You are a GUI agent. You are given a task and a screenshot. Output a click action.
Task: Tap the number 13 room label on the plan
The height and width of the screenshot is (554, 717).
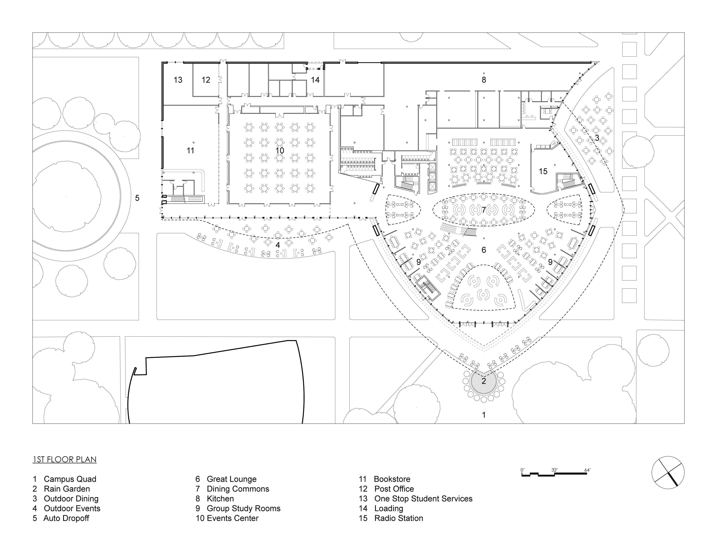(x=178, y=80)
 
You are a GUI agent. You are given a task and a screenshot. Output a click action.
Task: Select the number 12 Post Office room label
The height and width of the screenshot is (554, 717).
(x=206, y=80)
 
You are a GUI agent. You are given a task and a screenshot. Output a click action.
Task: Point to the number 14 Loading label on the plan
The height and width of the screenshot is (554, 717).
(x=315, y=80)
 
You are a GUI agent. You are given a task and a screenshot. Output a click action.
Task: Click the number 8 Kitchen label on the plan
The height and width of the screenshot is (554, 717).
(x=484, y=80)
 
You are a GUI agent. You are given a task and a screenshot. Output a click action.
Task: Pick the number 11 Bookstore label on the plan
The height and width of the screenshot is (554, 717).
(x=190, y=151)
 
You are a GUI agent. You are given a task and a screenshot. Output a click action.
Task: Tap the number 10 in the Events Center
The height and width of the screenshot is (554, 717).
(x=280, y=151)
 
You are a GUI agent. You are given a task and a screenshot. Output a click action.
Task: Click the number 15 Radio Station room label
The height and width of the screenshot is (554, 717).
(x=543, y=171)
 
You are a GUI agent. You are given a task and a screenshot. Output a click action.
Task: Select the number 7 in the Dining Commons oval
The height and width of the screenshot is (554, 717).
(x=484, y=210)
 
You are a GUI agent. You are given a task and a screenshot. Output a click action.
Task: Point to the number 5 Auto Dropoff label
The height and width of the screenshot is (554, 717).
(x=137, y=198)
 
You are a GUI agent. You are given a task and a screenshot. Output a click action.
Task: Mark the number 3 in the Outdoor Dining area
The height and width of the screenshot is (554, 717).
(x=597, y=138)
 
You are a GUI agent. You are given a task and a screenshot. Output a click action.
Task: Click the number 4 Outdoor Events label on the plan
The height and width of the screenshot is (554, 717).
(x=278, y=245)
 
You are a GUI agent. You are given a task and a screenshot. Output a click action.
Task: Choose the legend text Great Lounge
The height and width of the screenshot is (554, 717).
(x=231, y=479)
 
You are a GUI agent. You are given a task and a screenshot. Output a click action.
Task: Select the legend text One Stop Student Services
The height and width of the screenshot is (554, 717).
(x=423, y=499)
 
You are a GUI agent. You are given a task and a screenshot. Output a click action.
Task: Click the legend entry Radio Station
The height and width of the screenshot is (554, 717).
(x=398, y=518)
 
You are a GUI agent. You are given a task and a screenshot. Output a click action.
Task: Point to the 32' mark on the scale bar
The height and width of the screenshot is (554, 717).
(x=554, y=470)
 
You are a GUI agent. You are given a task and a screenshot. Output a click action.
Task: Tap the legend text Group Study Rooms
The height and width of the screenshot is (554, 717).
(x=244, y=508)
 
